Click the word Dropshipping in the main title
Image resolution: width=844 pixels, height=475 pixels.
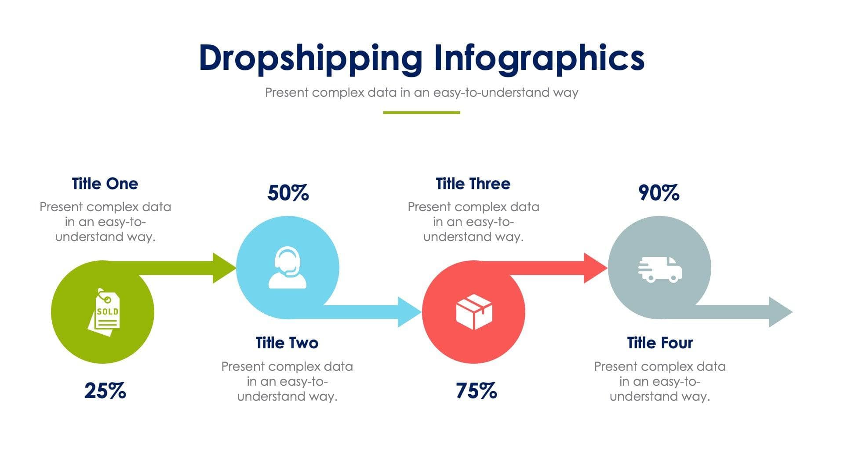(310, 59)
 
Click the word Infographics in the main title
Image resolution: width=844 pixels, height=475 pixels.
(539, 59)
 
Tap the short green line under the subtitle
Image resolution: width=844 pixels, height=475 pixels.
(422, 113)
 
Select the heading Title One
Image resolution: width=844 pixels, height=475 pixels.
(105, 184)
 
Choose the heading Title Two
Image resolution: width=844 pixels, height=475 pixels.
(287, 343)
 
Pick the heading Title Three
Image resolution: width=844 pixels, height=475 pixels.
(473, 184)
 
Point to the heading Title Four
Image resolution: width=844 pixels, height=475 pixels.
(660, 343)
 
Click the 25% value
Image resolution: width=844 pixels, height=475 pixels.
(105, 391)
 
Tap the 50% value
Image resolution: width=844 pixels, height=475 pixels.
(288, 193)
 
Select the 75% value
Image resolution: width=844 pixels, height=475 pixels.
(476, 391)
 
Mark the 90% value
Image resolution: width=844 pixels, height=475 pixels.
(658, 193)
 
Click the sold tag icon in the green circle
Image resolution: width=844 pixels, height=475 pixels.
(104, 312)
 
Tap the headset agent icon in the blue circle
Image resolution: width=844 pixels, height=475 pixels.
(287, 267)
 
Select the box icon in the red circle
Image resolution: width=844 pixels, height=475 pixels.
(474, 312)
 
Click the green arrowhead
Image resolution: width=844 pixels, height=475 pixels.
(223, 268)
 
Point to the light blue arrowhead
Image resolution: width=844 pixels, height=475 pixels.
(408, 312)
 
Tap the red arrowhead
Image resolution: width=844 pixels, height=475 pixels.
(594, 268)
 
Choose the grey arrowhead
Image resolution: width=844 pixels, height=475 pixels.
(779, 312)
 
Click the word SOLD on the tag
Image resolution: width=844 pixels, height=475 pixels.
(108, 311)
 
